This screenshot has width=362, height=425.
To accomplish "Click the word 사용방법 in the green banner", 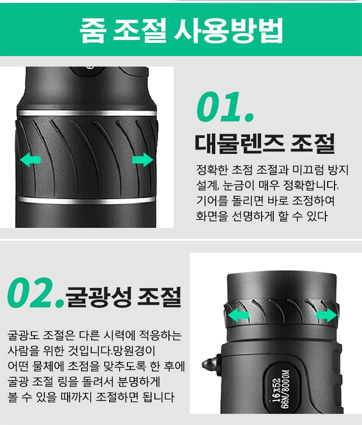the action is [228, 30].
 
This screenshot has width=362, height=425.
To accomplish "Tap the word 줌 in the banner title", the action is [93, 30].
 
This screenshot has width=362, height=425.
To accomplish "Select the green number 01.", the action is [225, 107].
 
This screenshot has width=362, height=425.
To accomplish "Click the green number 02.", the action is [36, 293].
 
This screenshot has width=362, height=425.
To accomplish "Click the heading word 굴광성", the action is [98, 297].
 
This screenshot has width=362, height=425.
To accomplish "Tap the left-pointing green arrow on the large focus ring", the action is [30, 160].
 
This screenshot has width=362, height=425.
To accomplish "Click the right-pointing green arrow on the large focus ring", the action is [143, 160].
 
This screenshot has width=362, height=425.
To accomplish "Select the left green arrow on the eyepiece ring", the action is [238, 315].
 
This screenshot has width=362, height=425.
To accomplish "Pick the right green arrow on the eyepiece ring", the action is [326, 315].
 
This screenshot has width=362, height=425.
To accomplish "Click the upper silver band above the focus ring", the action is [87, 113].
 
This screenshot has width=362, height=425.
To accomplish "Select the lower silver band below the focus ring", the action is [86, 201].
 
